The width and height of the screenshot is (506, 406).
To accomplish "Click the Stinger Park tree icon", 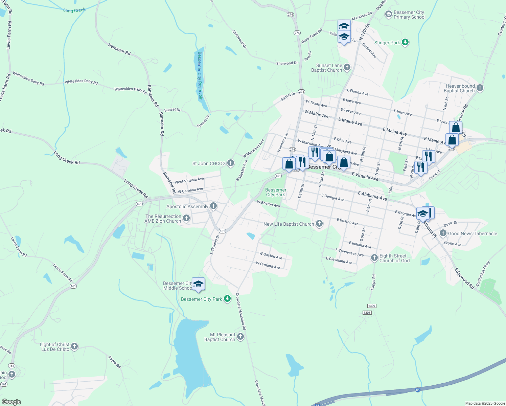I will pyautogui.click(x=405, y=43).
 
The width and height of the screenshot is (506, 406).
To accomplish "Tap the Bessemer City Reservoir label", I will pyautogui.click(x=200, y=75).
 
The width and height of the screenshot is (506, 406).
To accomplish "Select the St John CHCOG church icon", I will pyautogui.click(x=231, y=163).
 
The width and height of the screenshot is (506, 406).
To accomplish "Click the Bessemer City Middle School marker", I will pyautogui.click(x=198, y=284).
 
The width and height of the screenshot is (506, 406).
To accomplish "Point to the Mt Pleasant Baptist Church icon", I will pyautogui.click(x=240, y=337).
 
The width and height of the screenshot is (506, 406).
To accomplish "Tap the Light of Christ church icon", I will pyautogui.click(x=74, y=346).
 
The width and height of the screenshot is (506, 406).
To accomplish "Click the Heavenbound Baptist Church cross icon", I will pyautogui.click(x=480, y=89).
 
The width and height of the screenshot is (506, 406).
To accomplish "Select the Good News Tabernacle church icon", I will pyautogui.click(x=443, y=233).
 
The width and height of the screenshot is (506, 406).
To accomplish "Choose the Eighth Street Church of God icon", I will pyautogui.click(x=374, y=258).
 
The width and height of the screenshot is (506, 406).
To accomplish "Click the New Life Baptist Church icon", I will pyautogui.click(x=319, y=224).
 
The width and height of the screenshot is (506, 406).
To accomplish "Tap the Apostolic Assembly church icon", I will pyautogui.click(x=213, y=206).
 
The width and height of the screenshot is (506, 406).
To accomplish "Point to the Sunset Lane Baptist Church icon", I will pyautogui.click(x=347, y=68).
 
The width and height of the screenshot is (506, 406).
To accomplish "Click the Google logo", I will pyautogui.click(x=11, y=402).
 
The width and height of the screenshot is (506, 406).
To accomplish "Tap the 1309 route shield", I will pyautogui.click(x=371, y=306).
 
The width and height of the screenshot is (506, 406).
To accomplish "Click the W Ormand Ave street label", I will pyautogui.click(x=268, y=265).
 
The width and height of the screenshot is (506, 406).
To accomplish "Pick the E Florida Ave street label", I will pyautogui.click(x=358, y=92).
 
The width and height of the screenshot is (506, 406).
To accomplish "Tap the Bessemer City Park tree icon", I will pyautogui.click(x=228, y=299).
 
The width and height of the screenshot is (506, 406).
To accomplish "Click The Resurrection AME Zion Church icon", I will pyautogui.click(x=186, y=219).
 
